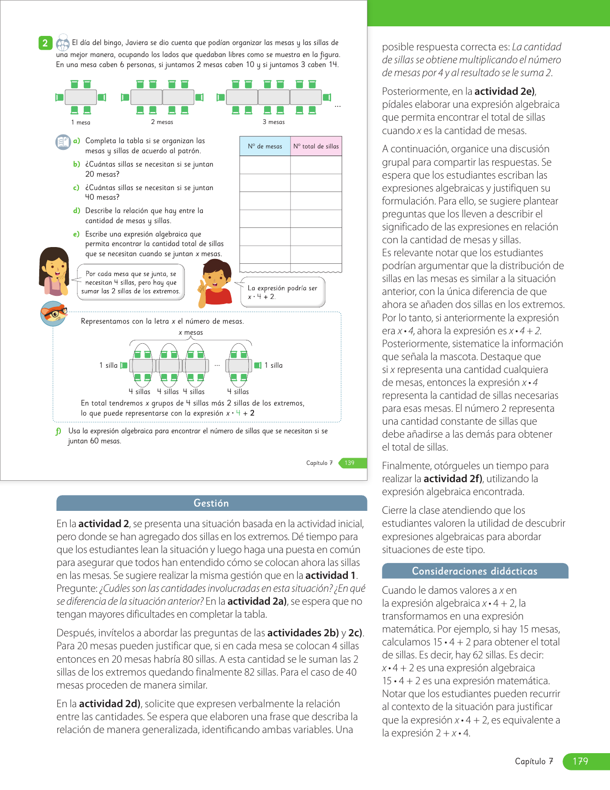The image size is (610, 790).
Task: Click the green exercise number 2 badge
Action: pos(45,43)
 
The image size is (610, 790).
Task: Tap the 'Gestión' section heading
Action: pos(211,503)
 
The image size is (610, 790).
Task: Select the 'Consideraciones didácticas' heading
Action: pos(475,571)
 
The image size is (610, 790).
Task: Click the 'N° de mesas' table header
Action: pos(265,147)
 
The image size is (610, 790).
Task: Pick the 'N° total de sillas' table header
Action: pos(316,147)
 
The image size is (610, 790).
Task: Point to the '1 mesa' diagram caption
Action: pos(81,123)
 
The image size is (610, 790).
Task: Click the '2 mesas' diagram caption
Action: pos(162,122)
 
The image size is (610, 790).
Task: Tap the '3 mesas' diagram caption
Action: pos(274,122)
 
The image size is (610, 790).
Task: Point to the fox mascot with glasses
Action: pos(54,314)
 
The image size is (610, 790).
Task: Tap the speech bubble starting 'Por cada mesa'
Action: pos(131,282)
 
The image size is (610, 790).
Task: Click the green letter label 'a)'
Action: pos(77,141)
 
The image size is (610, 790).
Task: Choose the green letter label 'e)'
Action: pos(77,234)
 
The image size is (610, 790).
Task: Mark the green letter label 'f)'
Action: pos(58,431)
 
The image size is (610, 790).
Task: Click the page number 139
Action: pos(350,463)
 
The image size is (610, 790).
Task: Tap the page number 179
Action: pos(580,761)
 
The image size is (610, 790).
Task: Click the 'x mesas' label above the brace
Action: pos(190,332)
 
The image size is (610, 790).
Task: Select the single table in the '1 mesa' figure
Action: pos(81,97)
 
